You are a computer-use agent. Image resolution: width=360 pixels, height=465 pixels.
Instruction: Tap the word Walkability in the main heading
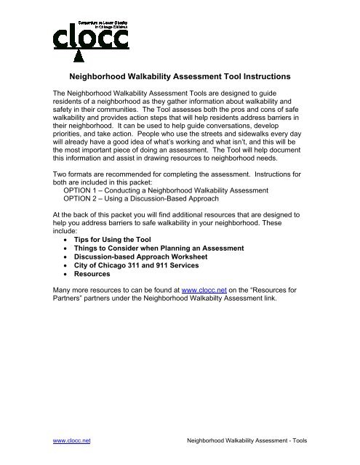point(157,76)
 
